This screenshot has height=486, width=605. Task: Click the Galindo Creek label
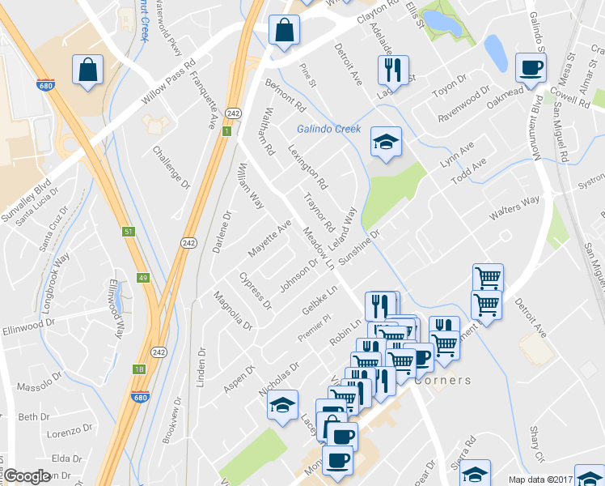click(328, 129)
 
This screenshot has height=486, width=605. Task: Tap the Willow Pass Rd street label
click(169, 83)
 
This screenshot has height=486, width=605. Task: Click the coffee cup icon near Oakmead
click(531, 67)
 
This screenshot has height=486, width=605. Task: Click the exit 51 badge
click(128, 232)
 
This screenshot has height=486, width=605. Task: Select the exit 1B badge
click(139, 369)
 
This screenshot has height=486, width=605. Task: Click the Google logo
click(27, 476)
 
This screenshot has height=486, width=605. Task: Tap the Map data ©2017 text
click(538, 480)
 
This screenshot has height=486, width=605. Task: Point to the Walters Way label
click(514, 212)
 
